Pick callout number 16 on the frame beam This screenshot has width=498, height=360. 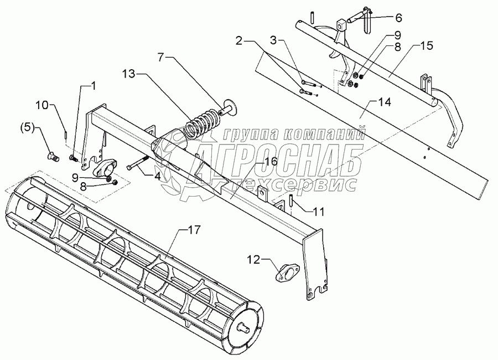pyautogui.click(x=270, y=161)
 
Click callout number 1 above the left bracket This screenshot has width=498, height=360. pyautogui.click(x=93, y=85)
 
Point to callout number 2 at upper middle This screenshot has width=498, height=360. pyautogui.click(x=239, y=40)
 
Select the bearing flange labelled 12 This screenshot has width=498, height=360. pyautogui.click(x=286, y=272)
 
